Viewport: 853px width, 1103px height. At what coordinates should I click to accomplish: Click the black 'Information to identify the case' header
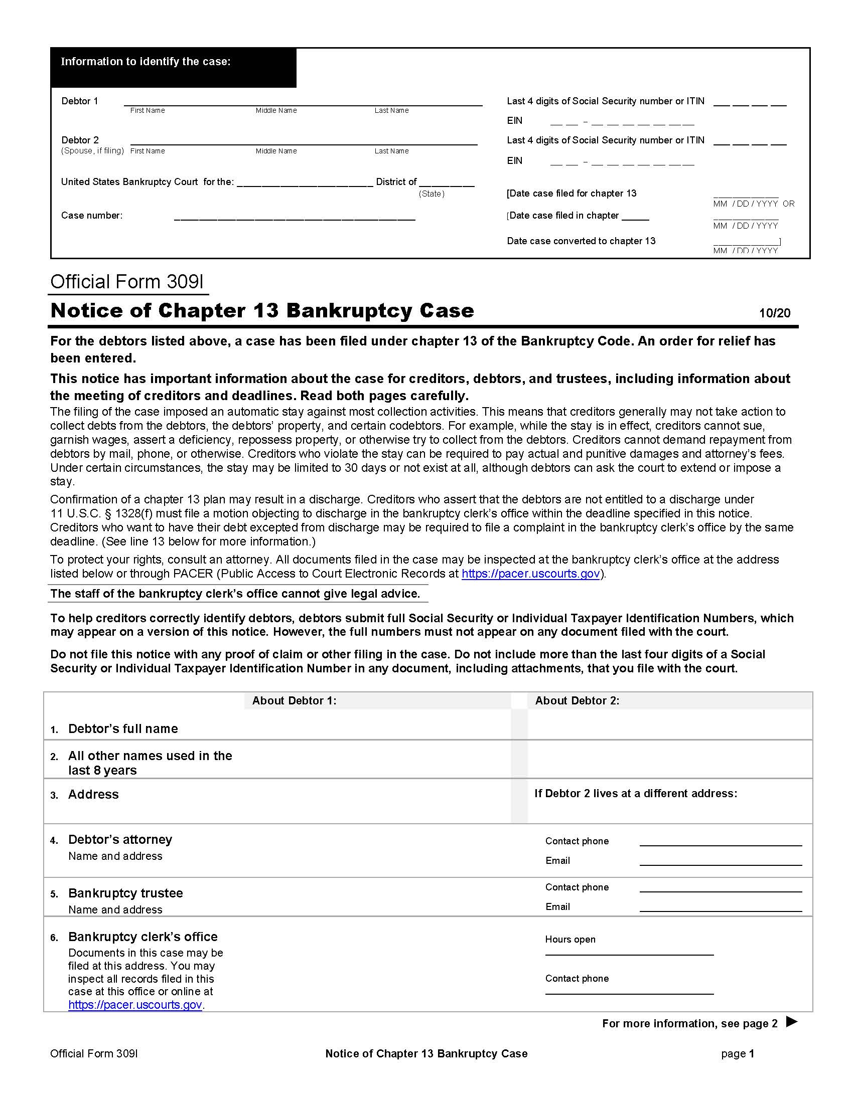click(x=173, y=67)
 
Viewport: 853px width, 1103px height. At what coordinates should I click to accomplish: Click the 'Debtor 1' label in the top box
click(x=79, y=101)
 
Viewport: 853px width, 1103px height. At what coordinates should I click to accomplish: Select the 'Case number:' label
click(x=91, y=216)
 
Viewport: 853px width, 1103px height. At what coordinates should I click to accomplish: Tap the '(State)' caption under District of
click(x=431, y=194)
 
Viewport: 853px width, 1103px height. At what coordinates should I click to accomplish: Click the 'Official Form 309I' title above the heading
click(x=127, y=282)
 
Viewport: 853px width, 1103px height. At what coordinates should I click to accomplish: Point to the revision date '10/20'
click(x=774, y=313)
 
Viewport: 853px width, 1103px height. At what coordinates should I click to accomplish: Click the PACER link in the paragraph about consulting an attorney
click(x=530, y=574)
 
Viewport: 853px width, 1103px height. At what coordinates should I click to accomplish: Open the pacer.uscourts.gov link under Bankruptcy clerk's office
click(x=135, y=1005)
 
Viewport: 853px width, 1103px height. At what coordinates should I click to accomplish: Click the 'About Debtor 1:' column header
click(x=294, y=700)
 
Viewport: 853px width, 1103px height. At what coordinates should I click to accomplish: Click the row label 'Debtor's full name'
click(x=123, y=729)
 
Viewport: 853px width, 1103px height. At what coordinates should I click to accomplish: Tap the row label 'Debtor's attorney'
click(x=120, y=839)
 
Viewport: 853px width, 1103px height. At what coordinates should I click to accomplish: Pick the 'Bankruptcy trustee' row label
click(x=125, y=893)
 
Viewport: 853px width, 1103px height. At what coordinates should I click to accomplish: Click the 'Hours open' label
click(x=570, y=940)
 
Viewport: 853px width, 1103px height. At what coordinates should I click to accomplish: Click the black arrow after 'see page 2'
click(x=792, y=1022)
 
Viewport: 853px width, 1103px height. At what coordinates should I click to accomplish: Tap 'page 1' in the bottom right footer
click(x=737, y=1053)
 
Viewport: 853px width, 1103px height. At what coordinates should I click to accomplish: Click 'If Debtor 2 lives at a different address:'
click(x=636, y=794)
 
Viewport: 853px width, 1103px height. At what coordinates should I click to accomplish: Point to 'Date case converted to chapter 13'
click(x=581, y=241)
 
